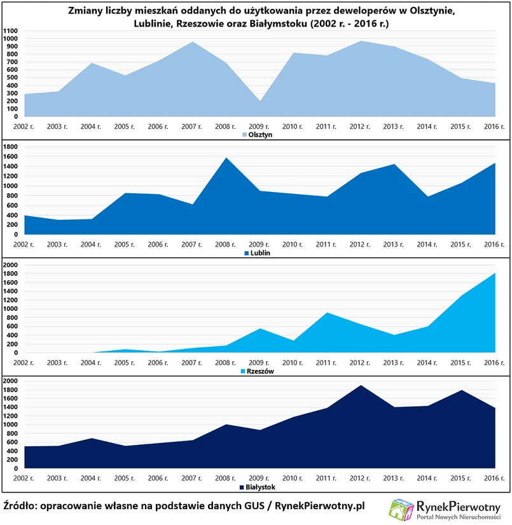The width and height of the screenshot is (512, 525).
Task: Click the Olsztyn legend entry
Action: click(258, 135)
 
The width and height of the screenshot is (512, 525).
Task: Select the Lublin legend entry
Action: click(258, 253)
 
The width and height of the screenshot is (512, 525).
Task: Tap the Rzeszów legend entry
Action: click(258, 371)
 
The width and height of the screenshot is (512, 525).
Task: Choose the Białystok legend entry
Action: click(258, 487)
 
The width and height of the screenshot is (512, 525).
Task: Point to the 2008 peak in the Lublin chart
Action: click(226, 158)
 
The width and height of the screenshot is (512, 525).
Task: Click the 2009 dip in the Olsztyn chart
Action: click(259, 102)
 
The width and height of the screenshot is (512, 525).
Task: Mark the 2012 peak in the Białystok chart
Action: click(360, 386)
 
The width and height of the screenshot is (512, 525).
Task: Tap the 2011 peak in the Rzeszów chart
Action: click(326, 313)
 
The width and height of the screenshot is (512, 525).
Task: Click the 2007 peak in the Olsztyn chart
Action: click(193, 43)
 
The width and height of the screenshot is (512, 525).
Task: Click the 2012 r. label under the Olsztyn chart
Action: click(360, 126)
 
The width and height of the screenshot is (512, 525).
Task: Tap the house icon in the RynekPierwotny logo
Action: click(402, 510)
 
